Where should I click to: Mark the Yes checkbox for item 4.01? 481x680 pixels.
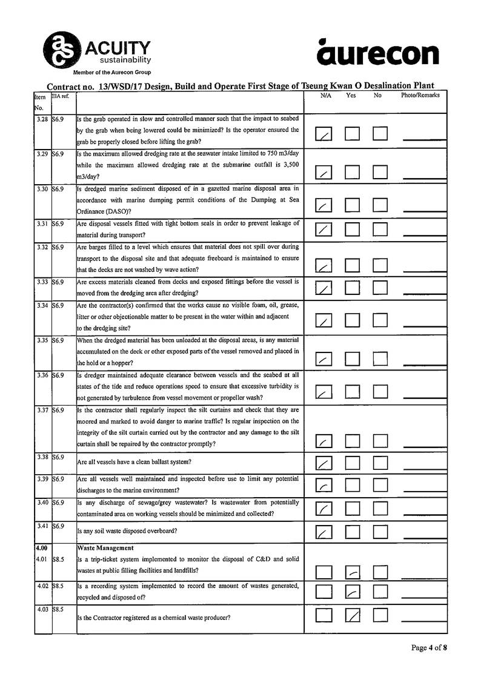click(x=353, y=572)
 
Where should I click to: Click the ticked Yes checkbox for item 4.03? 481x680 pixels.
click(x=353, y=615)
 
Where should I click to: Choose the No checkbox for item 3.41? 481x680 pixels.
click(x=380, y=532)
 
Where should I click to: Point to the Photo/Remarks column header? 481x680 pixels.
click(x=420, y=96)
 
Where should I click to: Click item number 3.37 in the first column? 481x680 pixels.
click(x=42, y=411)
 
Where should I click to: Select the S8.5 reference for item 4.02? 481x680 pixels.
click(x=58, y=586)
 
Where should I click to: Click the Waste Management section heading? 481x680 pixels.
click(x=105, y=548)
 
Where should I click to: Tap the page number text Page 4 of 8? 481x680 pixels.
click(x=429, y=648)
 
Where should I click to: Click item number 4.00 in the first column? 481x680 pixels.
click(x=42, y=548)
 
